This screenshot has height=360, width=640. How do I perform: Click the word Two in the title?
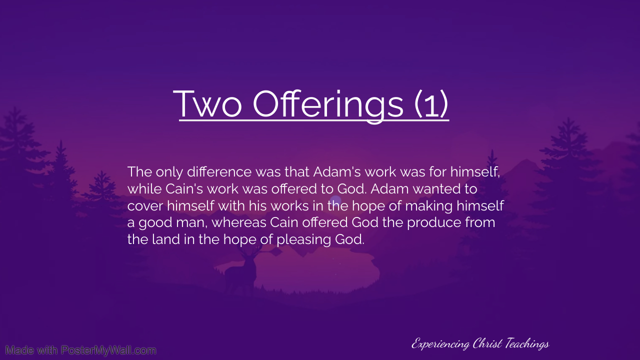pyautogui.click(x=207, y=103)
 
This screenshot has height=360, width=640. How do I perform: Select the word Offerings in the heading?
pyautogui.click(x=328, y=106)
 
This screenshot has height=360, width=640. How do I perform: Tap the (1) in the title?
pyautogui.click(x=431, y=103)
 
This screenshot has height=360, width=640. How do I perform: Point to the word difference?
pyautogui.click(x=219, y=171)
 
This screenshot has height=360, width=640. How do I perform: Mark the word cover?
pyautogui.click(x=145, y=206)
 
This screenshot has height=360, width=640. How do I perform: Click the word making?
pyautogui.click(x=429, y=206)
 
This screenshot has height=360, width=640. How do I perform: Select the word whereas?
pyautogui.click(x=239, y=222)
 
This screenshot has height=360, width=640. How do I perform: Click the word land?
pyautogui.click(x=166, y=239)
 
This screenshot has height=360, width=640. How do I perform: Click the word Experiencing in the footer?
pyautogui.click(x=440, y=343)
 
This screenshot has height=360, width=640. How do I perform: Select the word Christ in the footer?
pyautogui.click(x=487, y=343)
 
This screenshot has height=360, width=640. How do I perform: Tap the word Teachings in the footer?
pyautogui.click(x=527, y=343)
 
